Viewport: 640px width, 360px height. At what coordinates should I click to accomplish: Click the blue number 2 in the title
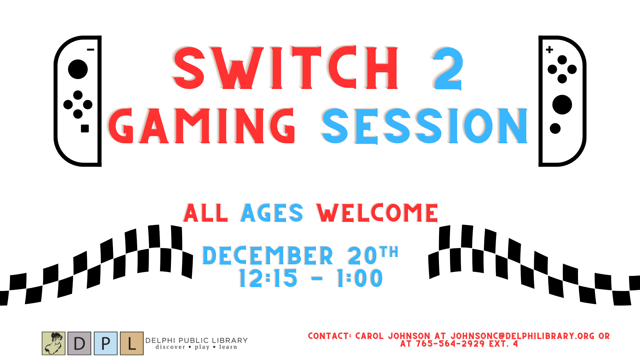pos(448,68)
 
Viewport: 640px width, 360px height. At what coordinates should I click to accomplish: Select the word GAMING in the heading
pos(201,126)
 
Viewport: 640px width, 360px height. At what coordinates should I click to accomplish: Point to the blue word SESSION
pos(424,126)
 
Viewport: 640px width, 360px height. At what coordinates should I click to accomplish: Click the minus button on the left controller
pos(90,50)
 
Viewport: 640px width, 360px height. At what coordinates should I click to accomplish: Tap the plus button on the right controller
pos(549,50)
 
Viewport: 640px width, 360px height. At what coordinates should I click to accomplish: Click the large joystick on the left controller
pos(78,69)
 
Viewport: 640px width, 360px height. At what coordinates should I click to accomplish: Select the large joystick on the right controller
pos(562,105)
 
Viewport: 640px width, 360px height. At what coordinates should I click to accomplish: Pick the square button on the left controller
pos(85,128)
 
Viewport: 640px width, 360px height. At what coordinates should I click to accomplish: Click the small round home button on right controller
pos(555,128)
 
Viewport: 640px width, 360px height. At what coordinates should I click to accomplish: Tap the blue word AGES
pos(272,213)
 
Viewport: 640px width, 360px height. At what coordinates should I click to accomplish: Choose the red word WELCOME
pos(377,213)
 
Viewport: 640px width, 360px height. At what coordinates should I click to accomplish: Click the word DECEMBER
pos(268,255)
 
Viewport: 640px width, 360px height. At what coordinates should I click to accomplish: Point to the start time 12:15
pos(268,278)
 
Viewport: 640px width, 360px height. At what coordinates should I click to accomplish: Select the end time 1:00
pos(359,278)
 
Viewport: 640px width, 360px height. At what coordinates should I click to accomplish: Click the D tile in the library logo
pos(79,343)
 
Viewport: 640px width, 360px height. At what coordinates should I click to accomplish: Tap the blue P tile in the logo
pos(106,343)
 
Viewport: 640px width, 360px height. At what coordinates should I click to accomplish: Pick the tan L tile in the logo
pos(132,343)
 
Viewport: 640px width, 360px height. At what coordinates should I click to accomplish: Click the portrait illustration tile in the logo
pos(53,343)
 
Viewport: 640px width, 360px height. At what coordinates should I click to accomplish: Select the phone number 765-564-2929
pos(450,344)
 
